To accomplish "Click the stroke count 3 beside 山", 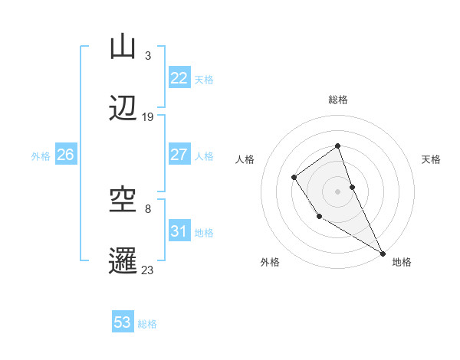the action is click(147, 56).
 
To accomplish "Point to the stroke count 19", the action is click(148, 117).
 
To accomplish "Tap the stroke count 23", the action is click(148, 270).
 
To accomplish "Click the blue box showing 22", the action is click(179, 78).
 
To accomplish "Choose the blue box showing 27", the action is click(179, 155).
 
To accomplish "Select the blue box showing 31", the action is click(179, 231).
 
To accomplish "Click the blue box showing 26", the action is click(65, 155).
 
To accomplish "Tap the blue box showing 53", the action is click(123, 322).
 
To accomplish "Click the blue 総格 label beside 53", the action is click(147, 324).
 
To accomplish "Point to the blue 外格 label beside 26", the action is click(41, 156).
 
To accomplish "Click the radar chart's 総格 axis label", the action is click(337, 100).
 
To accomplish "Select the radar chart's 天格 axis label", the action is click(432, 159).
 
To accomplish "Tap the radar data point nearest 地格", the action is click(383, 254).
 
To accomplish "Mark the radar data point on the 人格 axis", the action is click(294, 178).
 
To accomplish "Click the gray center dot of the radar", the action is click(337, 189).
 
